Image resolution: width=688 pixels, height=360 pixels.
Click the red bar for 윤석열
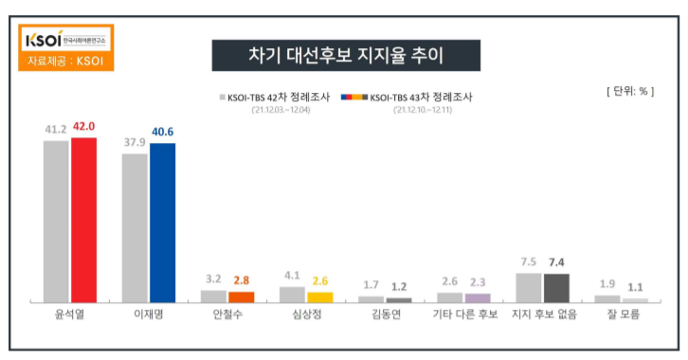point(84,220)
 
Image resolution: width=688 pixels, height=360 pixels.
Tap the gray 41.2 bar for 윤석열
point(56,222)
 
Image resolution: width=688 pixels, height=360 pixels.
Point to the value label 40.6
point(163,133)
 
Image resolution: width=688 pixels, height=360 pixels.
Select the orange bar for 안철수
point(242,297)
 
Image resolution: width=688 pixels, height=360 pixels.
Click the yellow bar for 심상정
point(320,297)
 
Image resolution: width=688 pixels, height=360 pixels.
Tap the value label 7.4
point(555,261)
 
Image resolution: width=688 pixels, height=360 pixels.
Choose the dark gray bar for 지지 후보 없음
point(555,287)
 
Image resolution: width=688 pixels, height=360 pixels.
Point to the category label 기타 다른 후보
point(464,315)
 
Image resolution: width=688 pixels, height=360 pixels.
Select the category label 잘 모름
point(622,315)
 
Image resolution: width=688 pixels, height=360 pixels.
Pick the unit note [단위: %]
point(629,91)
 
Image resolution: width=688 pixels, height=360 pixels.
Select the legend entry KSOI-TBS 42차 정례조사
point(275,98)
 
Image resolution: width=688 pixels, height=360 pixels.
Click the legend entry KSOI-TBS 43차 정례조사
point(407,98)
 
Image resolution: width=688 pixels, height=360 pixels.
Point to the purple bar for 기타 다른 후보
point(478,297)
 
